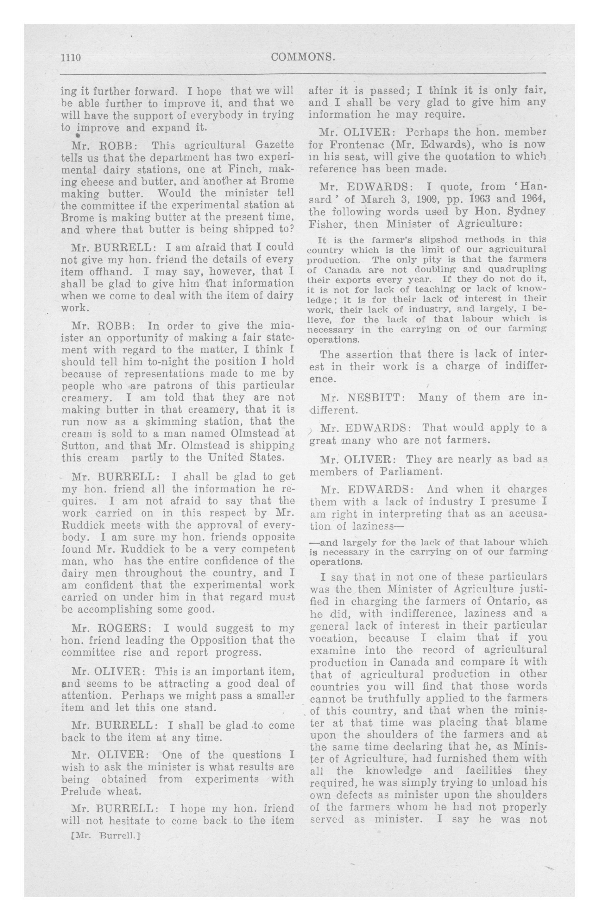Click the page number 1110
click(70, 58)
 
